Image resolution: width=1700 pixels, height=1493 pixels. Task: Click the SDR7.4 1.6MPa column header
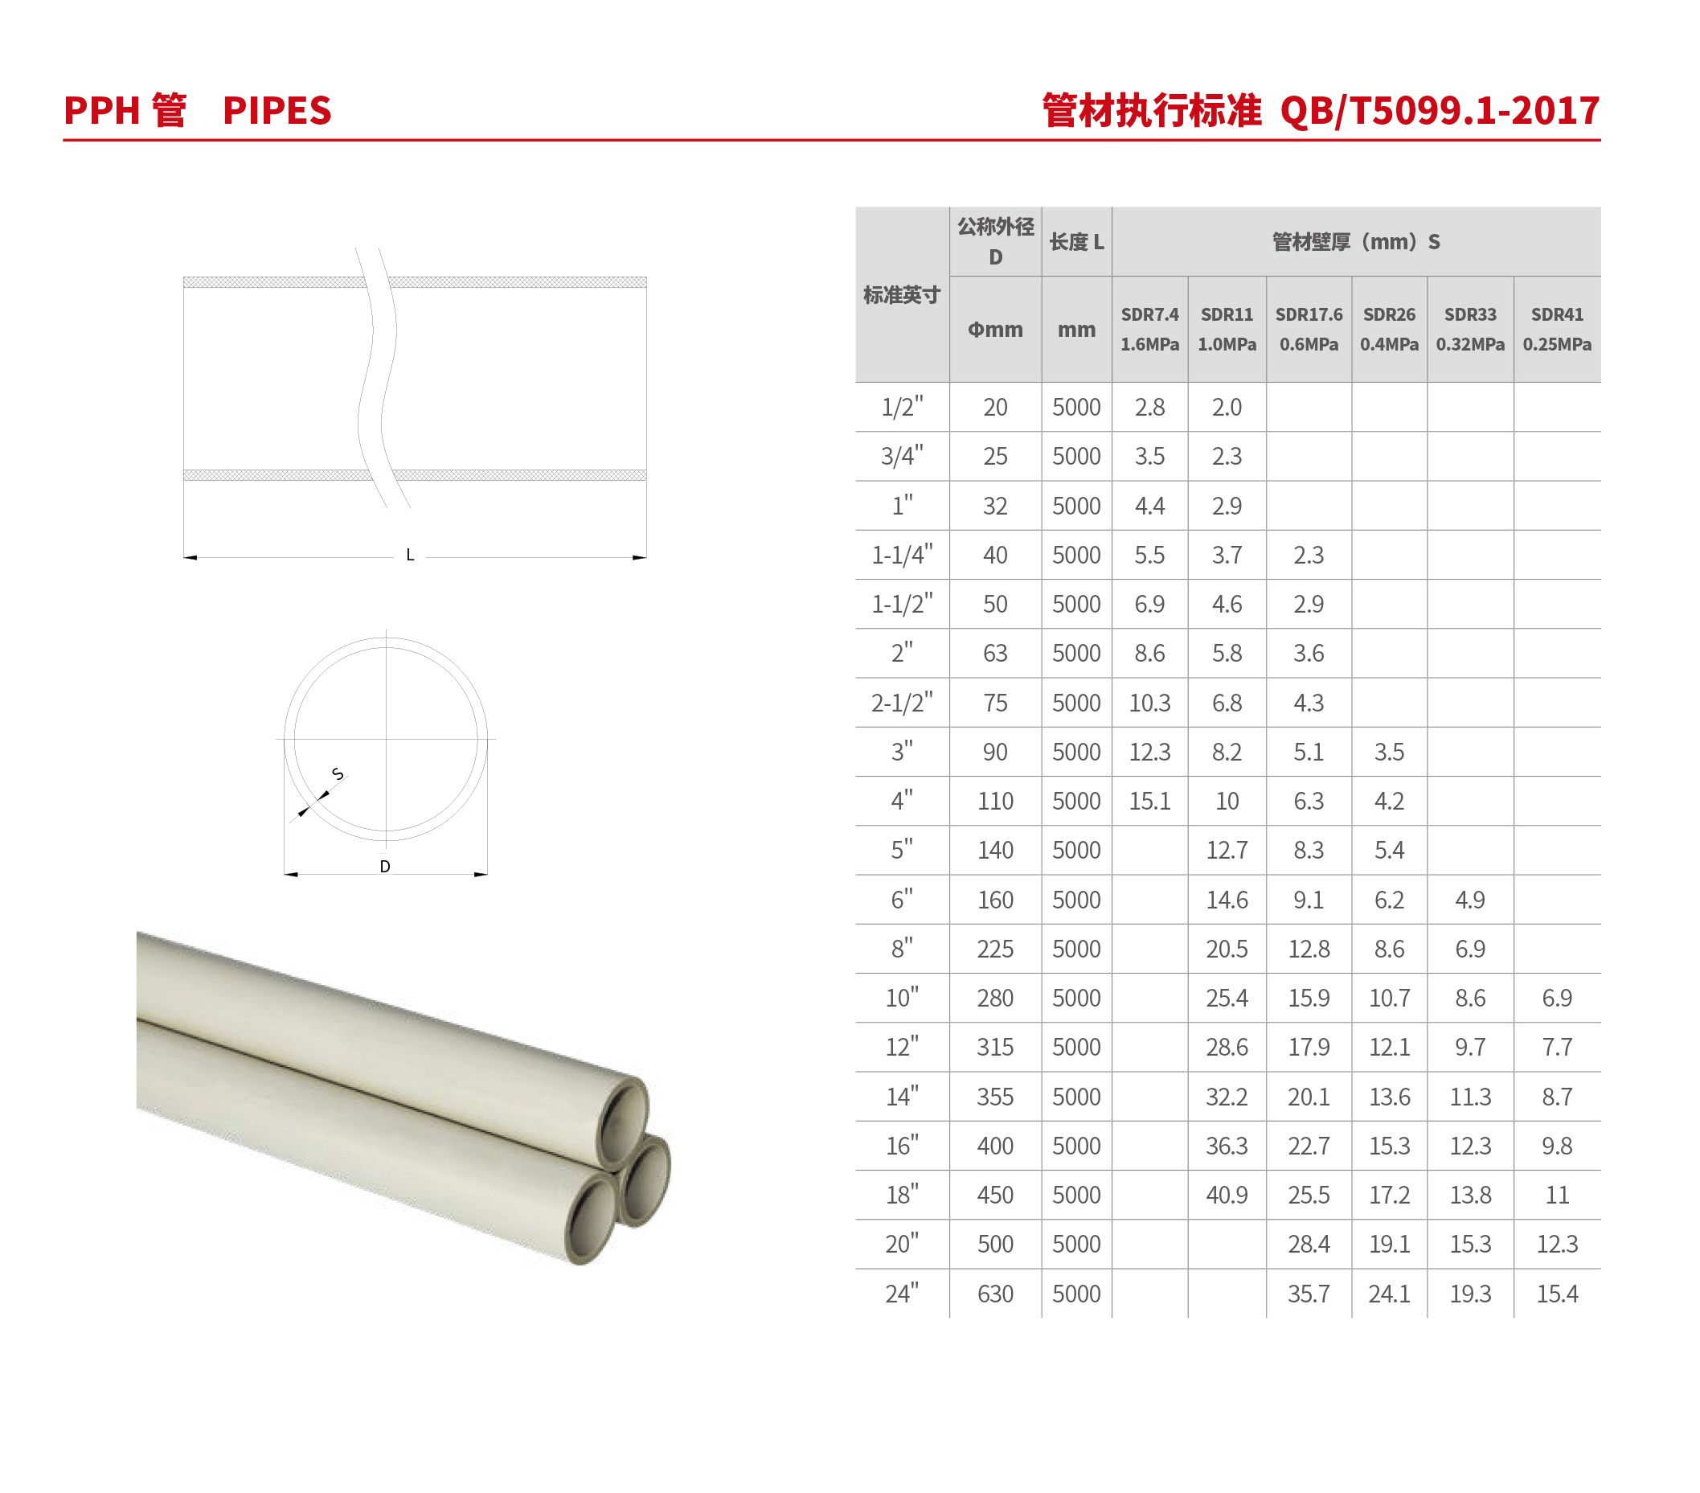coord(1149,330)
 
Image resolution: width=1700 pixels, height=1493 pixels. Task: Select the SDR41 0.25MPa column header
coord(1557,330)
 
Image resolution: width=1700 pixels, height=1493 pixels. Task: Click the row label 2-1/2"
coord(902,702)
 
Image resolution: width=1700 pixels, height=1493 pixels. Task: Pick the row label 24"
coord(902,1293)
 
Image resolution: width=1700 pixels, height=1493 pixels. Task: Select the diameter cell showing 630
coord(995,1294)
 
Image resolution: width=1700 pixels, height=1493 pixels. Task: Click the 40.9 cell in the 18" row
coord(1227,1196)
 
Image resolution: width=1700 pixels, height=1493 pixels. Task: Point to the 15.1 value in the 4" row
coord(1149,801)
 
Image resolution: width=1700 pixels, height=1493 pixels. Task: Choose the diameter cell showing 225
coord(995,949)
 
